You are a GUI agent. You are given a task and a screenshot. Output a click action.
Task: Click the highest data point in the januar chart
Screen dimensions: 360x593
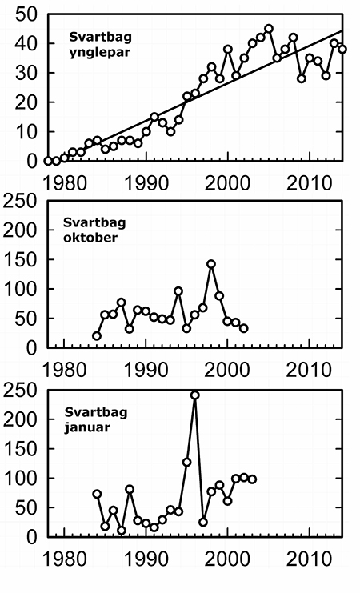[x=194, y=395]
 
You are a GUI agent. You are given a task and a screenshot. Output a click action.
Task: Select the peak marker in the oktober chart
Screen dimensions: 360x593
[x=211, y=264]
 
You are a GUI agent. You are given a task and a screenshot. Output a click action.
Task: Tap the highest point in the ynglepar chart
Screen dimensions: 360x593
[x=269, y=29]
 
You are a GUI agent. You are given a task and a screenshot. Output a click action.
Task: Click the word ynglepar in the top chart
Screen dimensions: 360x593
[x=99, y=53]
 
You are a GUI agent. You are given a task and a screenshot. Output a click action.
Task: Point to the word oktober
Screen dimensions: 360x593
[x=90, y=238]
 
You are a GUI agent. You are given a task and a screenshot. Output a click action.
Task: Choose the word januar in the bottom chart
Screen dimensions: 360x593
[x=87, y=427]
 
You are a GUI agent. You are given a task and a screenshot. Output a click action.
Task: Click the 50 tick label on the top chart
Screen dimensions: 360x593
[x=26, y=15]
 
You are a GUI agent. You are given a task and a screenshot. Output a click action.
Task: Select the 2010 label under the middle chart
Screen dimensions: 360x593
[x=309, y=370]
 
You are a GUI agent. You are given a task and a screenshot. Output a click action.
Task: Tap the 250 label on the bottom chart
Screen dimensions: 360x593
[x=21, y=391]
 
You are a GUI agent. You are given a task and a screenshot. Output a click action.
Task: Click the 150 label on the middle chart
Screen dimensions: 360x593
[x=21, y=260]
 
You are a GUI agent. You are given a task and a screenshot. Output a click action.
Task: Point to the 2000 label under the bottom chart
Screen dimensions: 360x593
[x=227, y=559]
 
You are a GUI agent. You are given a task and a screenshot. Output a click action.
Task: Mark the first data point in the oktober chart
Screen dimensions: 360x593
[x=97, y=336]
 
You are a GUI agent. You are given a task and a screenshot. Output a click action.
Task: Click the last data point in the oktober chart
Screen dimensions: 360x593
[x=244, y=328]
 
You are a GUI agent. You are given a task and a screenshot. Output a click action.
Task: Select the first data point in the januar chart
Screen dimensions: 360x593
[x=97, y=494]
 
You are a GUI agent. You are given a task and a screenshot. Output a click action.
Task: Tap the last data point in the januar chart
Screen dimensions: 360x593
[x=252, y=479]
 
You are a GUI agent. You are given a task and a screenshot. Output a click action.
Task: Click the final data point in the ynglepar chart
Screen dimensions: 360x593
[x=342, y=49]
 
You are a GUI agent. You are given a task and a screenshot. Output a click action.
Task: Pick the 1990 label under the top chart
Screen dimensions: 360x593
[x=146, y=183]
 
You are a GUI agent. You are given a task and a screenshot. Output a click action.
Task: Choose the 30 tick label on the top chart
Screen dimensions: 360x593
[x=26, y=73]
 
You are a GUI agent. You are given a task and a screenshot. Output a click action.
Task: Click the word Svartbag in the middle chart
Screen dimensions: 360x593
[x=94, y=222]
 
